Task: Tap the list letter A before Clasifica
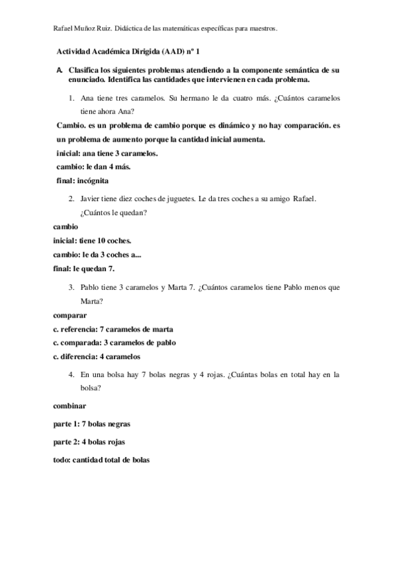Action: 60,69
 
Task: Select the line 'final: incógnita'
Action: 83,180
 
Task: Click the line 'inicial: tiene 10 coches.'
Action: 92,240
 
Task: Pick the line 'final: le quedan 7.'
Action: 84,268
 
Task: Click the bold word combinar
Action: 69,404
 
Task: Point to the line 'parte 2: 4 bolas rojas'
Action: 89,441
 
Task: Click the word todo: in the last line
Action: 62,460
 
